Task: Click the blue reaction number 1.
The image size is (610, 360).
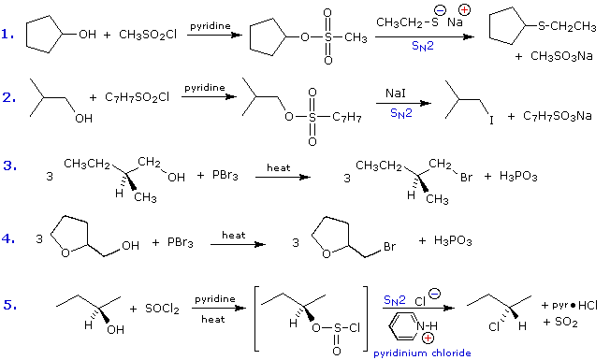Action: click(7, 35)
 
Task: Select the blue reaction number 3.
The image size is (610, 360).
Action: click(7, 166)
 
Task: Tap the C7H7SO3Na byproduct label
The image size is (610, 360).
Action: click(558, 116)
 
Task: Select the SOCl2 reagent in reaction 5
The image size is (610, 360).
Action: click(161, 309)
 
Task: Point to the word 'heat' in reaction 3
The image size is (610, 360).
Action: click(279, 168)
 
